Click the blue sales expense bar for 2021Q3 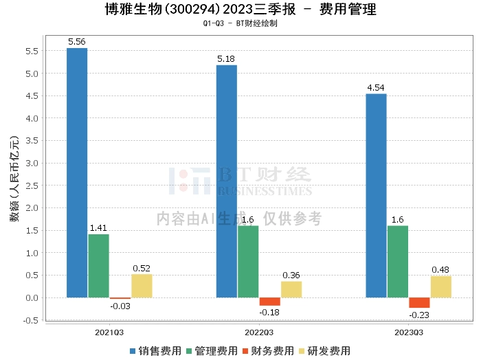(77, 172)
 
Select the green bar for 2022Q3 (248, 261)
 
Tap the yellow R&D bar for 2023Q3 (440, 286)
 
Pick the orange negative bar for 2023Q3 (419, 303)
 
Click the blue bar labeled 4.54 (376, 196)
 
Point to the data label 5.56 (77, 42)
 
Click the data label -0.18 (269, 312)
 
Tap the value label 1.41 (98, 228)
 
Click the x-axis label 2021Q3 (109, 332)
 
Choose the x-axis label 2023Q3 (409, 332)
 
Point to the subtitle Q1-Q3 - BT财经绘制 (240, 23)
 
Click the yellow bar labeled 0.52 (142, 286)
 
